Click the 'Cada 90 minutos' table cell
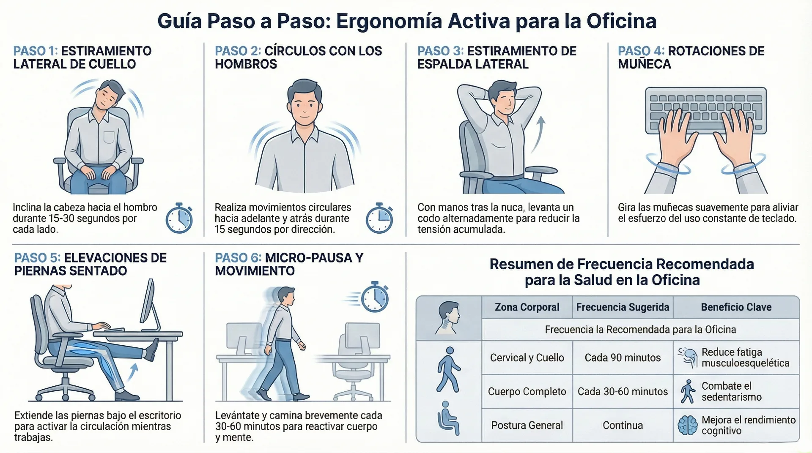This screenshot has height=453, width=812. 623,357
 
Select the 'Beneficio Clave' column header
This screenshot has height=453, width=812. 736,307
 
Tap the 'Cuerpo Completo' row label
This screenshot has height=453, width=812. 527,391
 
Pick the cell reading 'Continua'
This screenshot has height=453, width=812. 623,425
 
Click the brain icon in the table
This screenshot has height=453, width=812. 687,425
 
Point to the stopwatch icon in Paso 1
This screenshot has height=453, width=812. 179,218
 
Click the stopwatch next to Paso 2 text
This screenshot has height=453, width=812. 379,218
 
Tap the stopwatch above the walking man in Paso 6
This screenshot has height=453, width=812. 375,297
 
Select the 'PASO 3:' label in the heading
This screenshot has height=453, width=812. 440,51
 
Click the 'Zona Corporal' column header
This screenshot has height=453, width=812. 527,307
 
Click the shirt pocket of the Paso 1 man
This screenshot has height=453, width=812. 109,137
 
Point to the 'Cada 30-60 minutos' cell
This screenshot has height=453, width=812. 623,391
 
